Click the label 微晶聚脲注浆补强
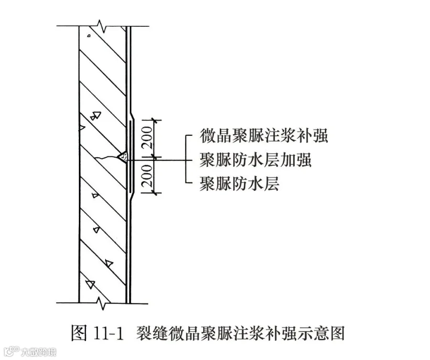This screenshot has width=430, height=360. pos(264,136)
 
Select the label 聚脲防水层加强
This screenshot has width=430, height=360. pos(256,160)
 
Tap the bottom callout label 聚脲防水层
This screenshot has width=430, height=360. pos(239,183)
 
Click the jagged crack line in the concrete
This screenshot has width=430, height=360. pos(107,157)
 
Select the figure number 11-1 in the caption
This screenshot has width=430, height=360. pos(108,333)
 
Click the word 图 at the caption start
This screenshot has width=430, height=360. pos(79,333)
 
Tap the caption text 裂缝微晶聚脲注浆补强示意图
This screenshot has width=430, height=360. pos(240,333)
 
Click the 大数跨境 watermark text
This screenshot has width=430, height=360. pos(39,352)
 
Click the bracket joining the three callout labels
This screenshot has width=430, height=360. pos(188,159)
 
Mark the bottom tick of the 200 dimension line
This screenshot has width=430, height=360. pos(155,193)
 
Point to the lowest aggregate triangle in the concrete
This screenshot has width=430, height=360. pos(90,284)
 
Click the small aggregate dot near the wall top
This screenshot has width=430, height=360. pos(89,35)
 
